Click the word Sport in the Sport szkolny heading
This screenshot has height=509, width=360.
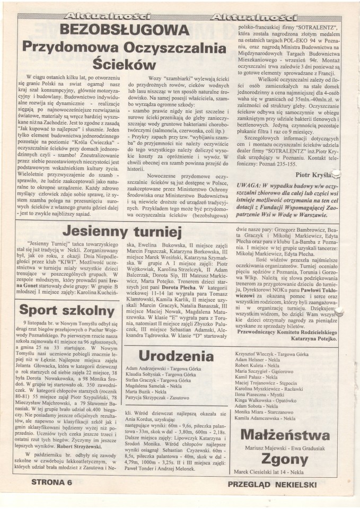[39, 310]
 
